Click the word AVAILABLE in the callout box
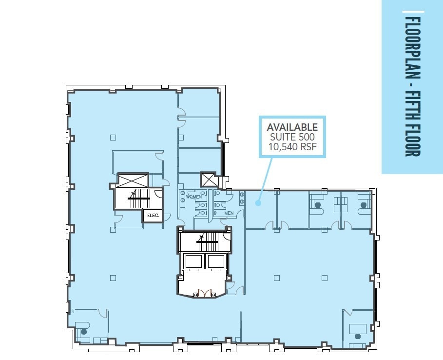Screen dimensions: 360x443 292,127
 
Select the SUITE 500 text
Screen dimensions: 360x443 292,137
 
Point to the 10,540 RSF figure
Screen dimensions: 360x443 292,146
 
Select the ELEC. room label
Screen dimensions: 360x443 153,215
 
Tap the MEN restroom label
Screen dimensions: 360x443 229,213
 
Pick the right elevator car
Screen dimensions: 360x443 215,261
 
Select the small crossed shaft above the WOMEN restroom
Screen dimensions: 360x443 208,180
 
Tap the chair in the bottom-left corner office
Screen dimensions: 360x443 84,332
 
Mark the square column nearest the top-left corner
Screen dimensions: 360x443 113,138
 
